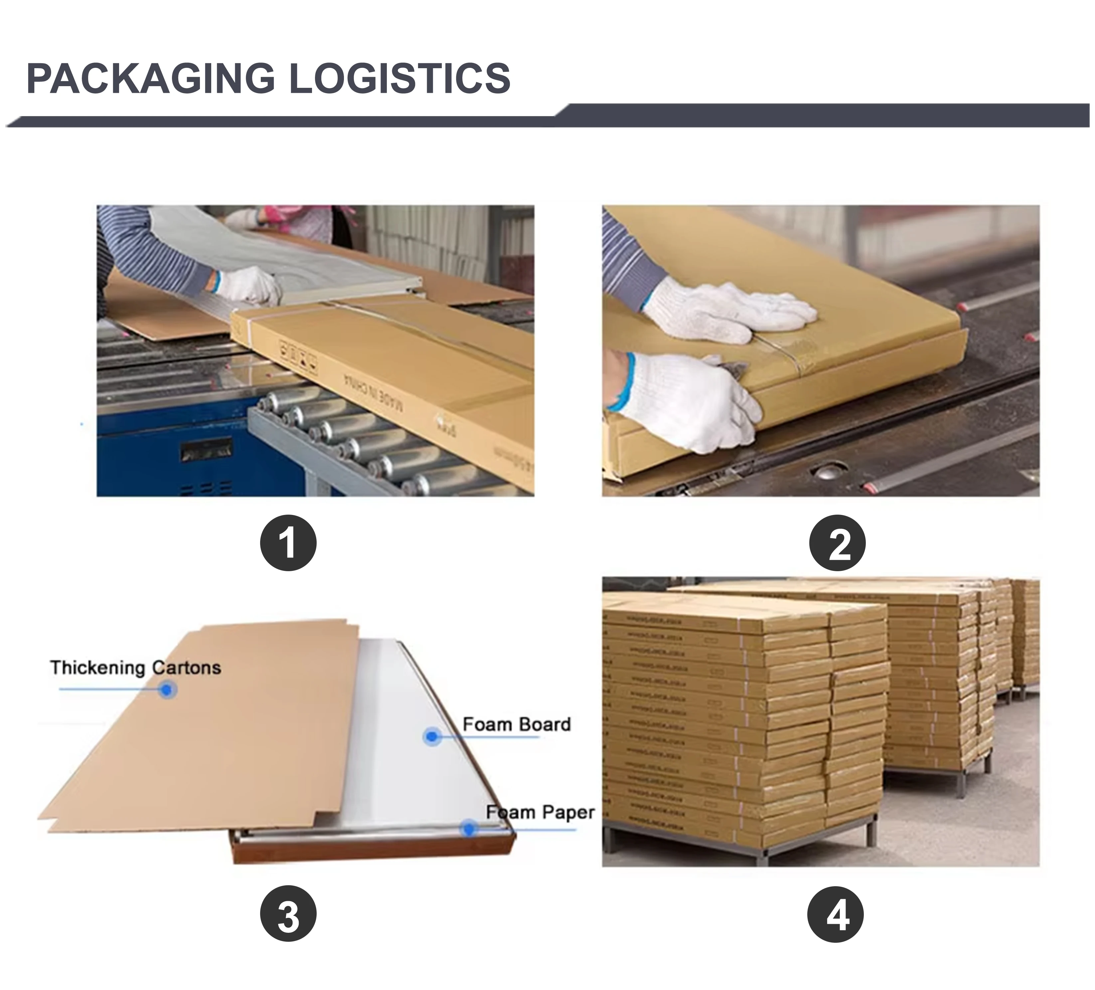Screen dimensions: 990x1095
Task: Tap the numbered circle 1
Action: [x=288, y=543]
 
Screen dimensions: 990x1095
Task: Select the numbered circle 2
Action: [x=837, y=543]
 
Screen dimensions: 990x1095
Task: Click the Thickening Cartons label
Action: [x=135, y=668]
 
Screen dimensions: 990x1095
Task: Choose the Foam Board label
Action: [x=517, y=724]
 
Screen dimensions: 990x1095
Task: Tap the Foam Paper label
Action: [x=541, y=812]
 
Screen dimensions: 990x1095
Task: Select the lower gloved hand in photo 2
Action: [x=690, y=400]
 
